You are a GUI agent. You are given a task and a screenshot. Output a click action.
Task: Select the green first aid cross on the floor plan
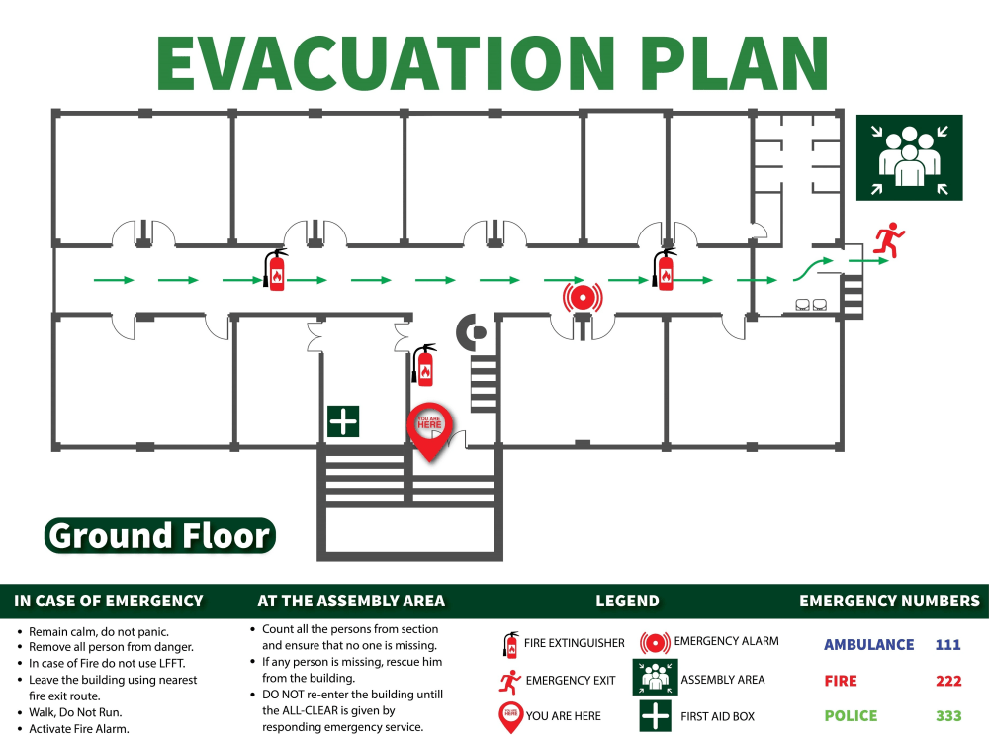tap(343, 421)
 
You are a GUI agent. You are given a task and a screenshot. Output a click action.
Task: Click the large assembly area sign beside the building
tap(909, 157)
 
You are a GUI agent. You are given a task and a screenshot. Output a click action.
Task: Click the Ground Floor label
tap(159, 536)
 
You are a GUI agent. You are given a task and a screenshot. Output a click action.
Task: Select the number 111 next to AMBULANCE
tap(947, 645)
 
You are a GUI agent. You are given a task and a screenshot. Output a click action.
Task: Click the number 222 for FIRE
tap(947, 681)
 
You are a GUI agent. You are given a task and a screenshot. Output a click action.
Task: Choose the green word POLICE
tap(851, 715)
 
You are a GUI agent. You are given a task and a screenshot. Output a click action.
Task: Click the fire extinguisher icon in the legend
tap(510, 644)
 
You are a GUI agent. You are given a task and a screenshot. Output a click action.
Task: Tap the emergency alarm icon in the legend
tap(655, 642)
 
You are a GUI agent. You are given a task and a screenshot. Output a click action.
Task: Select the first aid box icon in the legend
tap(655, 715)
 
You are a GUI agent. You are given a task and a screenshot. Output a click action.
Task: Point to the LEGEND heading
tap(627, 601)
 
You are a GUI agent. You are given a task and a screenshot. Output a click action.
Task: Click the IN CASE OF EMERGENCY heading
tap(109, 601)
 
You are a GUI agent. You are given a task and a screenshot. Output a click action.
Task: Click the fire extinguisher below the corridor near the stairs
tap(425, 365)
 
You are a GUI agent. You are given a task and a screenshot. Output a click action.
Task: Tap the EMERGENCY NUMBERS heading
tap(889, 601)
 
